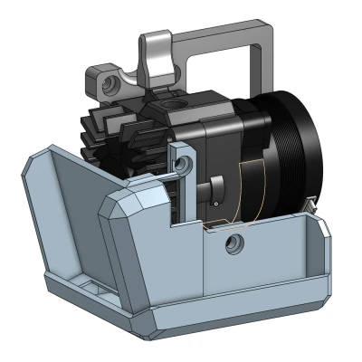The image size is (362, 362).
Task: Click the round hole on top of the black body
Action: point(172,107)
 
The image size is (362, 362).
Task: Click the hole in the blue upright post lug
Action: point(185,164)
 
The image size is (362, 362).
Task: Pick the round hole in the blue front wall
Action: point(235,242)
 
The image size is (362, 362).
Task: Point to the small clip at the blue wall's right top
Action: point(313,210)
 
